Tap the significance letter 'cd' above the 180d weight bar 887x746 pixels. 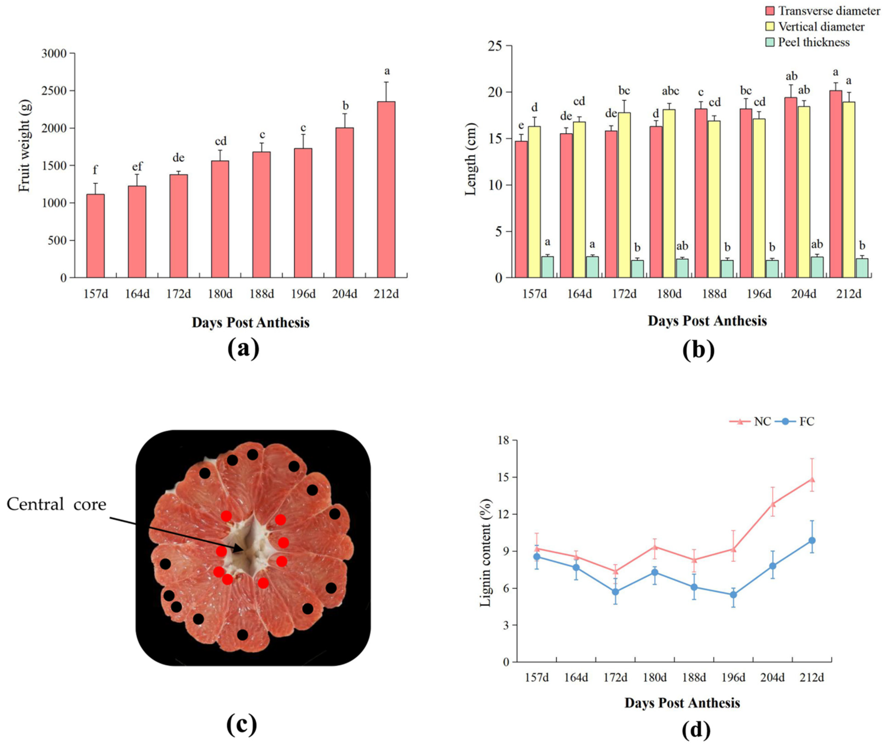[x=220, y=141]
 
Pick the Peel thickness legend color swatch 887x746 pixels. [x=770, y=42]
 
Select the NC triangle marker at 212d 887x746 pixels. [x=812, y=479]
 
